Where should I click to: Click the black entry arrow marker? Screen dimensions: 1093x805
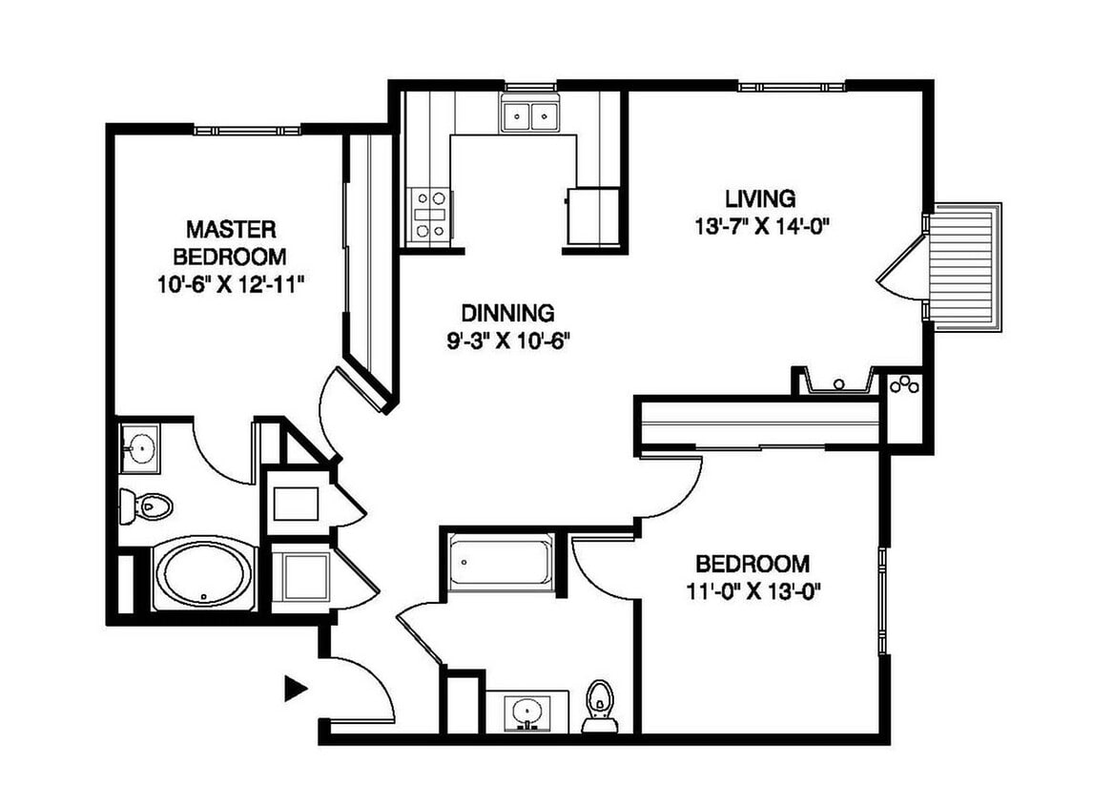(295, 688)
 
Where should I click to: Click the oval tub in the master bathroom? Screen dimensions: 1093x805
(203, 574)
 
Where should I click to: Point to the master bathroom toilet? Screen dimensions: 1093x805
(146, 506)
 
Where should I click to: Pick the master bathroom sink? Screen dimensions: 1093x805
(139, 448)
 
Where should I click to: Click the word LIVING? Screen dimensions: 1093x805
(760, 198)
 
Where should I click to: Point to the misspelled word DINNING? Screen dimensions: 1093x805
(508, 312)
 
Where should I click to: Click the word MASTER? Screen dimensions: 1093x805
(231, 229)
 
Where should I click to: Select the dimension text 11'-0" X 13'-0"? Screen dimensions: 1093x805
(753, 592)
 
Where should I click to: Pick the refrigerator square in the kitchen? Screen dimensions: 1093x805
(593, 217)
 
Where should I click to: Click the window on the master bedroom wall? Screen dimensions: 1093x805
(247, 130)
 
